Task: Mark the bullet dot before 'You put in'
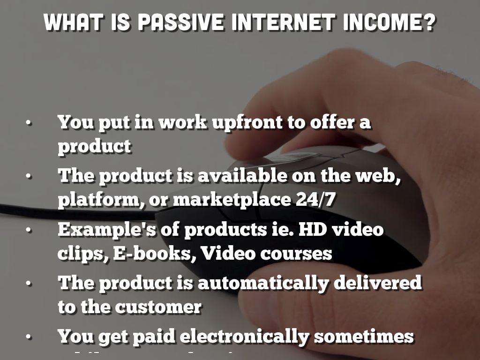pos(29,123)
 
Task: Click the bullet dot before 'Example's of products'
pos(29,231)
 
